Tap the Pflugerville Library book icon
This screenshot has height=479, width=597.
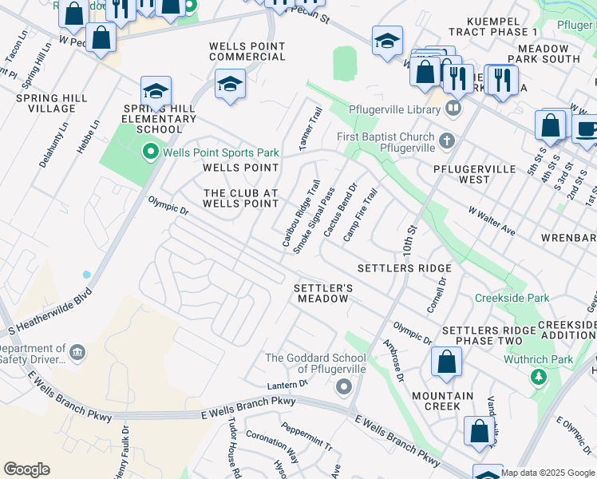pos(453,108)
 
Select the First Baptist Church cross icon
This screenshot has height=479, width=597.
pos(447,141)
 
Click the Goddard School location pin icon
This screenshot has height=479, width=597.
pos(344,388)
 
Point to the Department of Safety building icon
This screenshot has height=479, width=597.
pos(77,353)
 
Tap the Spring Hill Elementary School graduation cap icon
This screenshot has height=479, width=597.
pos(156,90)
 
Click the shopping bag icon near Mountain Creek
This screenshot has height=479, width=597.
pos(446,362)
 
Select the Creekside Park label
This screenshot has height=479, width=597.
pos(512,298)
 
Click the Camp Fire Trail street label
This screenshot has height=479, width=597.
pos(359,216)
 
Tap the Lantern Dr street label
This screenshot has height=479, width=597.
pos(287,385)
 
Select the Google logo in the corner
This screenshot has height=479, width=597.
pos(26,469)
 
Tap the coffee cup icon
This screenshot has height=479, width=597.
pos(587,129)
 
